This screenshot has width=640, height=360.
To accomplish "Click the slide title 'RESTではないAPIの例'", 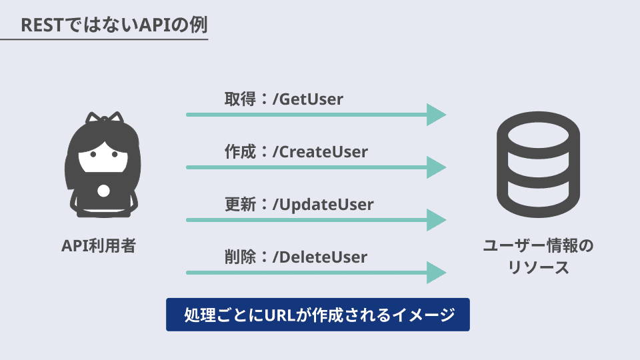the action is pyautogui.click(x=114, y=25).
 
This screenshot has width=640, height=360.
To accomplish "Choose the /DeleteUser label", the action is pyautogui.click(x=320, y=256).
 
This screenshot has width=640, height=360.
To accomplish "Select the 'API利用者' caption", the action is pyautogui.click(x=99, y=246).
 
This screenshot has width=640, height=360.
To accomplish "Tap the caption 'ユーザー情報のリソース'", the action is pyautogui.click(x=537, y=257).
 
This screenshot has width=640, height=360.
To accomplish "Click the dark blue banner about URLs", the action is pyautogui.click(x=318, y=315).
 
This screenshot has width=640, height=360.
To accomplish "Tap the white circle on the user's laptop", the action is pyautogui.click(x=103, y=191).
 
